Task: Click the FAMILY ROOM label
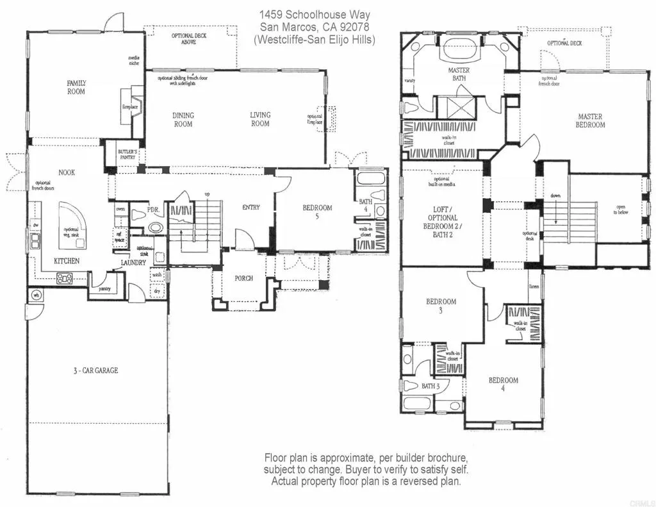click(76, 87)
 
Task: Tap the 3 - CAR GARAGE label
click(95, 370)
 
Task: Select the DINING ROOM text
click(183, 120)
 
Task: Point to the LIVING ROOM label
click(260, 119)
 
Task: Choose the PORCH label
click(243, 278)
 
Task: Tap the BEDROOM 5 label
click(317, 212)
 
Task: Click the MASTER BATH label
click(458, 74)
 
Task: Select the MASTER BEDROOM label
click(591, 121)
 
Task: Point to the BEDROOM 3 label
click(441, 306)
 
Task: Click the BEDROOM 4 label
click(503, 385)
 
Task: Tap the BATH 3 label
click(430, 386)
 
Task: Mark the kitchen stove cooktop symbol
click(65, 278)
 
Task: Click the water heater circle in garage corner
click(36, 295)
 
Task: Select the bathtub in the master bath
click(458, 49)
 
